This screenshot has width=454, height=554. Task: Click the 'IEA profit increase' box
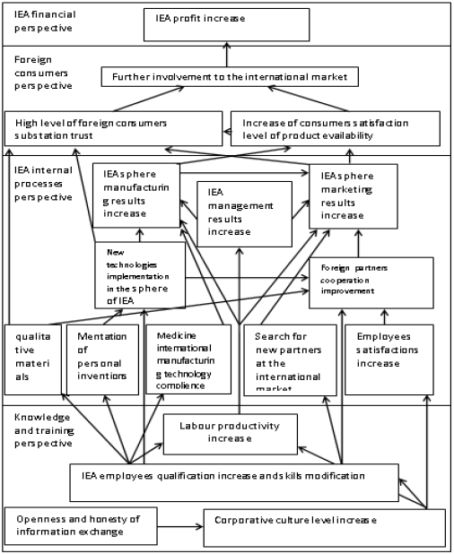[x=226, y=25]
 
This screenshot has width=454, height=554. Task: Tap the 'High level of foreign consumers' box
[x=111, y=128]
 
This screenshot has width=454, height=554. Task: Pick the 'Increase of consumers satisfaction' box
[x=335, y=127]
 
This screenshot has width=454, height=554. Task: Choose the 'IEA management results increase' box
[x=244, y=213]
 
